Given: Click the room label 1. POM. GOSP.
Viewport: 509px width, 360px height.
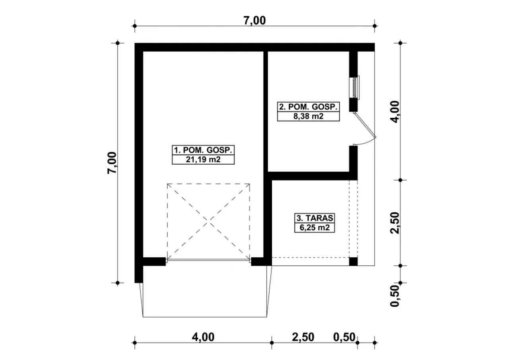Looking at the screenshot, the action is (203, 150).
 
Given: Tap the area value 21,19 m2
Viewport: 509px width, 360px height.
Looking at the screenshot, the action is (203, 160).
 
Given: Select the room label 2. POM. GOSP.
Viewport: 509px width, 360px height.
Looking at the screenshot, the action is (308, 107).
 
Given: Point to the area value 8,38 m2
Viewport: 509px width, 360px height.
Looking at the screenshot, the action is (308, 116).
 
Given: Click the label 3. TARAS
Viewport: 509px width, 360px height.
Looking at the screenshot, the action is (315, 218).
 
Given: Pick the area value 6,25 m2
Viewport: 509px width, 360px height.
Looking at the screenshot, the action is (315, 227).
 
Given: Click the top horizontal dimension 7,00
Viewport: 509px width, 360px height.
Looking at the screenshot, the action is (254, 20).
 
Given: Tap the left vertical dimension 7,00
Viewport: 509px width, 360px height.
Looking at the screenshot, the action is (112, 163).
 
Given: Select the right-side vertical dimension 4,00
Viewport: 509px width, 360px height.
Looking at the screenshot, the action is (395, 112).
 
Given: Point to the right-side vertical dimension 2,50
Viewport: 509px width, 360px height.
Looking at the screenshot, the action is (395, 223).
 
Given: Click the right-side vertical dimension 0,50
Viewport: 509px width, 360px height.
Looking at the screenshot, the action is (395, 296).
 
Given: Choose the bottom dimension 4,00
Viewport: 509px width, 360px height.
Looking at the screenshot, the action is (203, 337).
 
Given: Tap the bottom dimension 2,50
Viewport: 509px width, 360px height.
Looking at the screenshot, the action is (303, 337).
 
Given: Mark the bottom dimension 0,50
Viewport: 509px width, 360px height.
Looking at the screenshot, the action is (344, 337).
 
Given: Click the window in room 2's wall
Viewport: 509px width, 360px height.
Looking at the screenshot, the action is (354, 88).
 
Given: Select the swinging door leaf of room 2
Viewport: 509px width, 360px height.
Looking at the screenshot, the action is (365, 125).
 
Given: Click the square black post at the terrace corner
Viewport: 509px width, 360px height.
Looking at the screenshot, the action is (354, 262).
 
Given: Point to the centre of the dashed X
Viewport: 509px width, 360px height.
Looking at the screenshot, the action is (208, 220).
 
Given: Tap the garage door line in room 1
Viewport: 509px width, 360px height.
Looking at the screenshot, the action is (208, 259).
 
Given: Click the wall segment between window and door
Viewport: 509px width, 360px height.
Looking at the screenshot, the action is (354, 105).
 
